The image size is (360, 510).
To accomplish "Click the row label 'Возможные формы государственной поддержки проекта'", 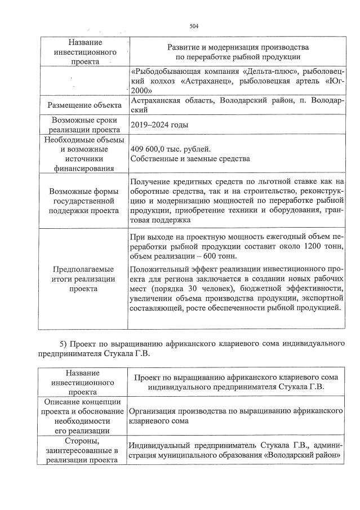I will tap(84, 201).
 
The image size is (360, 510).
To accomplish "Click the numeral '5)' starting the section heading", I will tap(64, 343).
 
